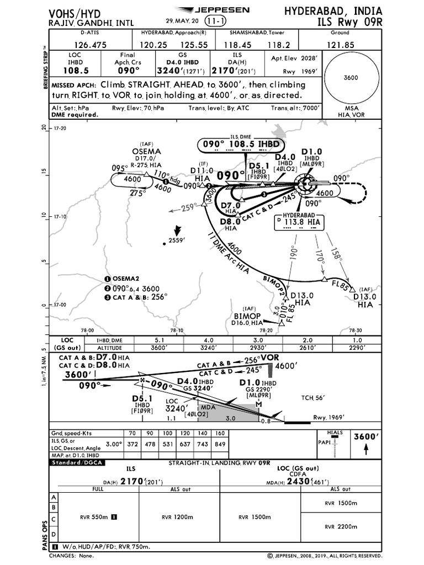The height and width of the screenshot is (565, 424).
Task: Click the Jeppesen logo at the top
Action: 212,10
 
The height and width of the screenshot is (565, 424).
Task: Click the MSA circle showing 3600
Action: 351,78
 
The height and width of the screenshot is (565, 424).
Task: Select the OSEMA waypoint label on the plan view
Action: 146,151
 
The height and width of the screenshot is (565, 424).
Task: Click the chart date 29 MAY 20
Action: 185,21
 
